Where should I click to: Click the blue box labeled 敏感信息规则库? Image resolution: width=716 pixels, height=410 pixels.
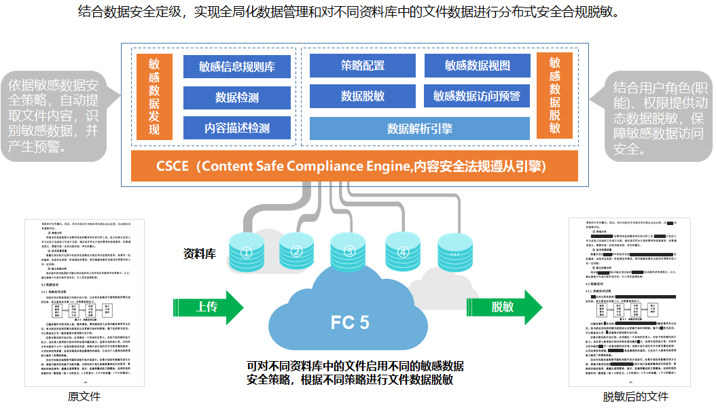237,67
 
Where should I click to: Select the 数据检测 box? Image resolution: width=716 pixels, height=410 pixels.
237,97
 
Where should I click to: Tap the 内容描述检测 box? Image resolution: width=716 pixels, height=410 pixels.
237,128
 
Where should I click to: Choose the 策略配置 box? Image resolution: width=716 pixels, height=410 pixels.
362,66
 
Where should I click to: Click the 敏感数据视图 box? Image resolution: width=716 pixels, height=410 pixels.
477,66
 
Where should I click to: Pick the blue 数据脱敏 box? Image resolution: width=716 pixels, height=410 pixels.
362,97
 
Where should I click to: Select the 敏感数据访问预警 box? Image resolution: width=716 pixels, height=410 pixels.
477,97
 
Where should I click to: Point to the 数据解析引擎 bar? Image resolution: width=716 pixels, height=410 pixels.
419,128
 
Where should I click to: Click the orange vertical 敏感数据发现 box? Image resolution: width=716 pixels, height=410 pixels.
154,97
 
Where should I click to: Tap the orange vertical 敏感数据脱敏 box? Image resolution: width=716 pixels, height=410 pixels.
554,97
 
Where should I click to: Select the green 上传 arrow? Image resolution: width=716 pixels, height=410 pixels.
212,307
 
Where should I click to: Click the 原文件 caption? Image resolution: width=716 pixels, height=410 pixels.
84,397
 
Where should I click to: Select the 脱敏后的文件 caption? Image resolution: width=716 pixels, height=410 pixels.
635,397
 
